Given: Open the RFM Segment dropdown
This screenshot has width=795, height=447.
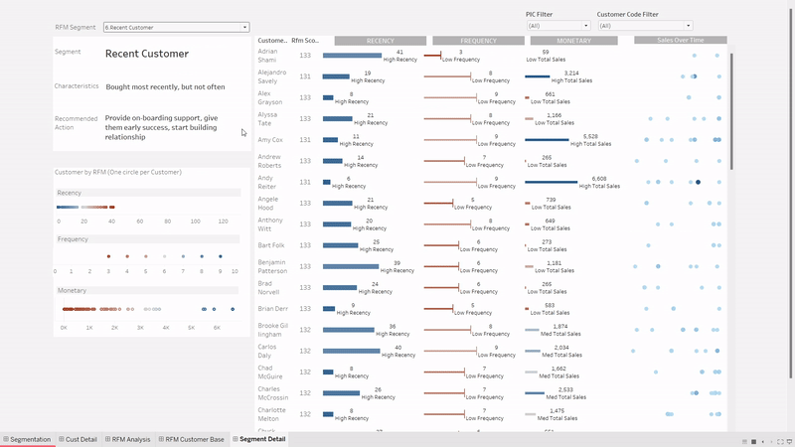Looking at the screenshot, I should (176, 28).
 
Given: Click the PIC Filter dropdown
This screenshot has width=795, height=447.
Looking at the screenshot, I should (557, 26).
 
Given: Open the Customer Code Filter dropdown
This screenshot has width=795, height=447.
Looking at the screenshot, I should (643, 26).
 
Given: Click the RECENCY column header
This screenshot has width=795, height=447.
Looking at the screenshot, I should (380, 41).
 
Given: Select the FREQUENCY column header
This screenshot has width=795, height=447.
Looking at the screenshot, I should (478, 41).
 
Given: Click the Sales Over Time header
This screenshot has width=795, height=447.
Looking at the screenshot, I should (680, 41).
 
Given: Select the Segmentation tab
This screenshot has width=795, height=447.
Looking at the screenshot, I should (29, 439).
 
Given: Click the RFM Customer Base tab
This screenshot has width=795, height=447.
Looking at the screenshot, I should (194, 439).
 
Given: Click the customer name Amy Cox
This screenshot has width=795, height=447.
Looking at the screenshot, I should (270, 140).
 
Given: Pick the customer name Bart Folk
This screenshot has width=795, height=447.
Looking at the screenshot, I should (270, 244).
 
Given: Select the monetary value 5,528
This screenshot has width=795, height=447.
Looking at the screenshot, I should (590, 136).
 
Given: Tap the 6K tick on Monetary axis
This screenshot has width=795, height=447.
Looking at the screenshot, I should (217, 327).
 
